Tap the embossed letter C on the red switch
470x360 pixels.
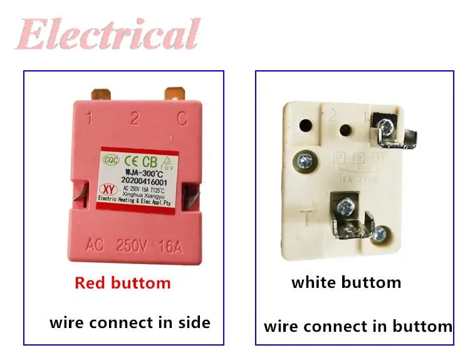click(x=182, y=118)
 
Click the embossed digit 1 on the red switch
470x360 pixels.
click(x=90, y=118)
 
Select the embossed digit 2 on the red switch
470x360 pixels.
click(x=134, y=118)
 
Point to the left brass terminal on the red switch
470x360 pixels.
click(x=102, y=94)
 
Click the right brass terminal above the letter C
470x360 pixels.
click(x=175, y=93)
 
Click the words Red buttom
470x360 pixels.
click(x=122, y=283)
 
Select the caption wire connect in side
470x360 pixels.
click(x=130, y=322)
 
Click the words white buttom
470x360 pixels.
click(x=346, y=282)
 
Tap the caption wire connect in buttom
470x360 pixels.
click(x=358, y=326)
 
